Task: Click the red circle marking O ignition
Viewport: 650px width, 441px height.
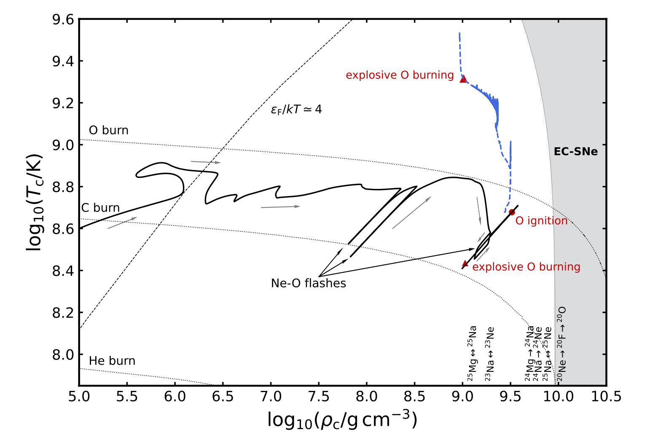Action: (x=512, y=212)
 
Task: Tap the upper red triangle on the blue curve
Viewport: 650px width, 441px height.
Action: (x=463, y=79)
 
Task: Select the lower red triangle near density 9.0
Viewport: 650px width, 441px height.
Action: (x=465, y=263)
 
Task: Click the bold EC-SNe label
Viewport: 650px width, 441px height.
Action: (x=576, y=152)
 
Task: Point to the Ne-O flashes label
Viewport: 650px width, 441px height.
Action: (x=309, y=283)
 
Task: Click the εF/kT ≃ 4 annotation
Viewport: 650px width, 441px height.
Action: (x=296, y=110)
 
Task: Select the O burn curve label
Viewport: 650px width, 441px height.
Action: (x=109, y=130)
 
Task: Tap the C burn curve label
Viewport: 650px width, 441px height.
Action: (x=100, y=208)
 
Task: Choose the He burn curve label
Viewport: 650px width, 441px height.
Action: (x=112, y=361)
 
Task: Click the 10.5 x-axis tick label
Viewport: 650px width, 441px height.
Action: (x=607, y=397)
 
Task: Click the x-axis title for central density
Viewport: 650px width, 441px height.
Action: (x=342, y=420)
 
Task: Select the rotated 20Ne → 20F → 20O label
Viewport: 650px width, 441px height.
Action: (x=561, y=344)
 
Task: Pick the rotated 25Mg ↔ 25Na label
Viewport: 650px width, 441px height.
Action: (x=472, y=353)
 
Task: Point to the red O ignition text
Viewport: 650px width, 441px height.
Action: (x=542, y=221)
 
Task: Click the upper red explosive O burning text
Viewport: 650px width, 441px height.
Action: (x=400, y=75)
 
